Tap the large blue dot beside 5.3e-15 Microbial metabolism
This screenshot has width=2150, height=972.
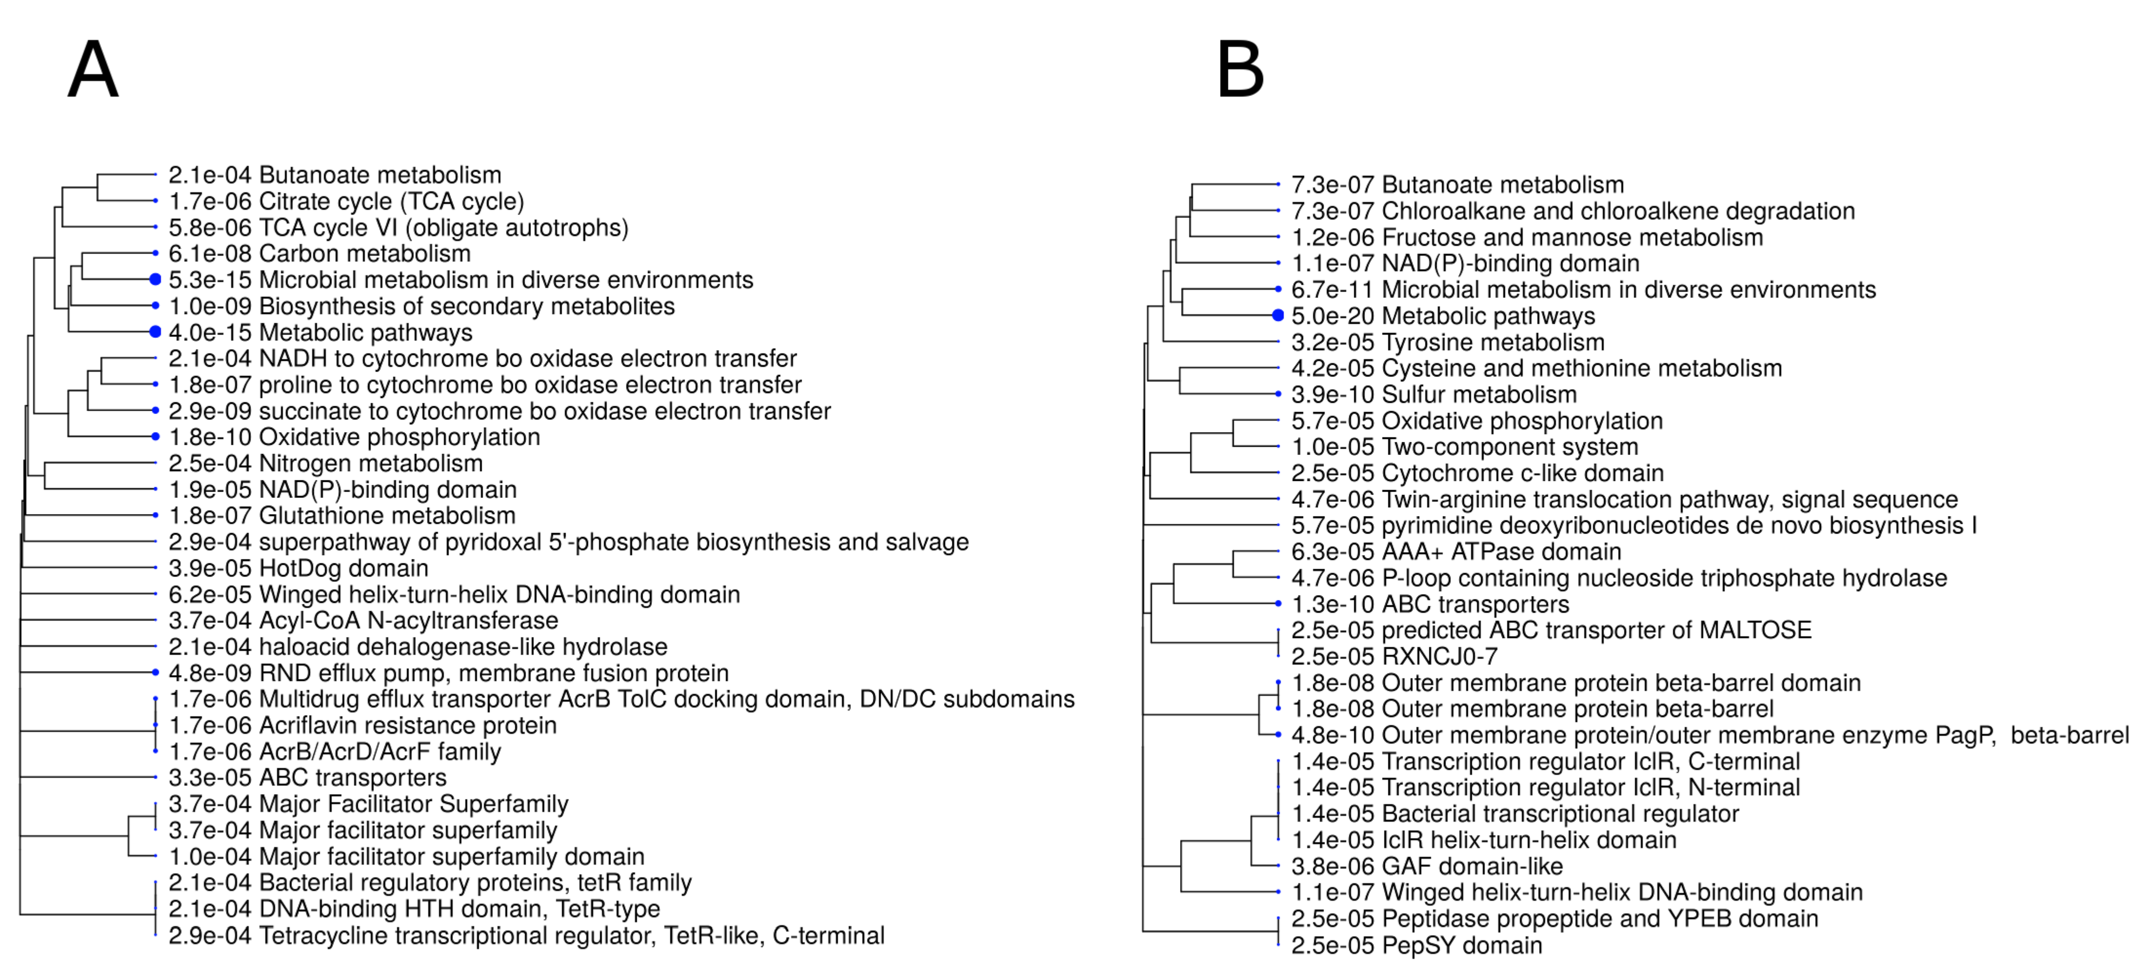pos(155,280)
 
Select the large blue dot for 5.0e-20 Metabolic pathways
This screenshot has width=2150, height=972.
pos(1278,316)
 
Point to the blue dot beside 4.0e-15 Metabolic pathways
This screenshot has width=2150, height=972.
pos(155,332)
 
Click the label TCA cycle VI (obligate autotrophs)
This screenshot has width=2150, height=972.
pos(443,227)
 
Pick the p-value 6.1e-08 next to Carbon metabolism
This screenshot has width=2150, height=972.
pos(210,254)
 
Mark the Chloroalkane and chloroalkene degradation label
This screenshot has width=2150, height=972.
pos(1617,211)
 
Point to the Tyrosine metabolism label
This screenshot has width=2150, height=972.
pos(1492,342)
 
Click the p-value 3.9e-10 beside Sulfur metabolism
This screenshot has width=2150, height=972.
pos(1332,395)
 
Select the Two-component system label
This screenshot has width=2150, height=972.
pos(1509,447)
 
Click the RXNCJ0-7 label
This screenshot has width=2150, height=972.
pos(1439,656)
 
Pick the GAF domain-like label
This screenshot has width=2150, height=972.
pos(1471,866)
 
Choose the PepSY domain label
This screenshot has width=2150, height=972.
pos(1461,945)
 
